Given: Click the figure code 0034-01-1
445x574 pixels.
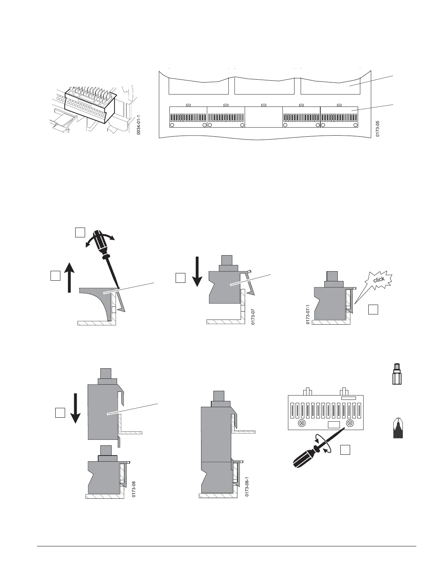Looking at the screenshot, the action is point(139,125).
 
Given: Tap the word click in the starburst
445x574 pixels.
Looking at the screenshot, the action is point(379,280).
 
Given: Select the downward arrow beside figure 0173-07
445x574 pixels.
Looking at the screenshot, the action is point(197,271).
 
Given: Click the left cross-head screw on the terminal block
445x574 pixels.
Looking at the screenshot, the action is point(301,423).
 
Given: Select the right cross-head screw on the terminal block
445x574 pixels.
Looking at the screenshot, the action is point(350,423).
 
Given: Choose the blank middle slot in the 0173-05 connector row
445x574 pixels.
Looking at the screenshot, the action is point(264,117).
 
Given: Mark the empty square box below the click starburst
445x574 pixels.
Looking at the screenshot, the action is point(373,309).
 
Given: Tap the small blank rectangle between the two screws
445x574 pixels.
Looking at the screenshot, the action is point(334,425).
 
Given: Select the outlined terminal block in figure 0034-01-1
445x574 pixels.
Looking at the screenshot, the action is point(90,104).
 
